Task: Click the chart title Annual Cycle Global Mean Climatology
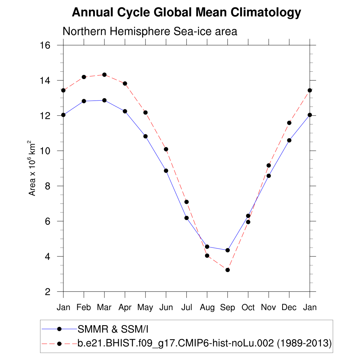coord(186,13)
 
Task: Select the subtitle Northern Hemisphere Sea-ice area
coord(150,31)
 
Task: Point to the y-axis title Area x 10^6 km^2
coord(32,168)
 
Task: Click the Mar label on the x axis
coord(104,308)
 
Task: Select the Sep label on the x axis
coord(227,308)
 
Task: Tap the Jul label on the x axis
coord(186,308)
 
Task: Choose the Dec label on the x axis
coord(289,308)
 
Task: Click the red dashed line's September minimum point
coord(227,270)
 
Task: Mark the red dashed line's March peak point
coord(104,75)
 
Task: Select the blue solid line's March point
coord(104,100)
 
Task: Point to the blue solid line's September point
coord(227,250)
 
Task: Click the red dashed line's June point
coord(166,149)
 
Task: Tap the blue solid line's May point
coord(145,136)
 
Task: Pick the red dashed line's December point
coord(289,123)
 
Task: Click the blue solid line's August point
coord(207,246)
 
